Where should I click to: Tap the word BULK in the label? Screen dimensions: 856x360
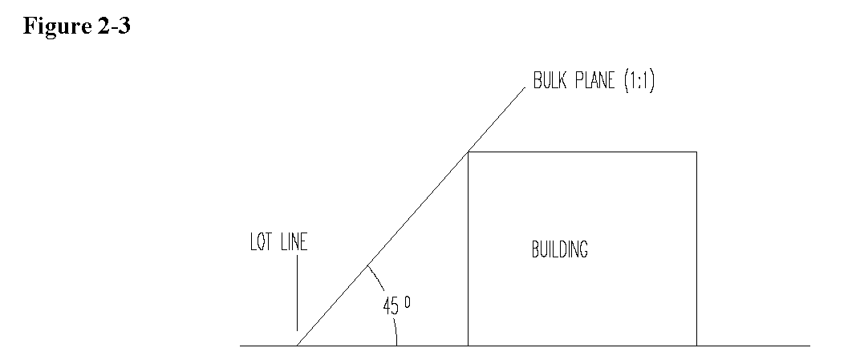(x=551, y=83)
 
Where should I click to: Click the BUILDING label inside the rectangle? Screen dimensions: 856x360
(x=559, y=249)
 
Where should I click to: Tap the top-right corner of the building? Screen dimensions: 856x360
(x=696, y=152)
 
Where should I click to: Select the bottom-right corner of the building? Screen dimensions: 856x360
(x=696, y=346)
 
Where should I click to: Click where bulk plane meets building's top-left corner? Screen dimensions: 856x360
(x=469, y=152)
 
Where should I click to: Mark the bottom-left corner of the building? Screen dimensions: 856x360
(x=469, y=346)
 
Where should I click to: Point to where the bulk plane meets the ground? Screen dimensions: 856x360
(x=297, y=346)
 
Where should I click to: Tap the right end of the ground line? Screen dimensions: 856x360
(x=809, y=346)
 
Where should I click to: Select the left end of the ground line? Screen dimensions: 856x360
(x=241, y=346)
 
